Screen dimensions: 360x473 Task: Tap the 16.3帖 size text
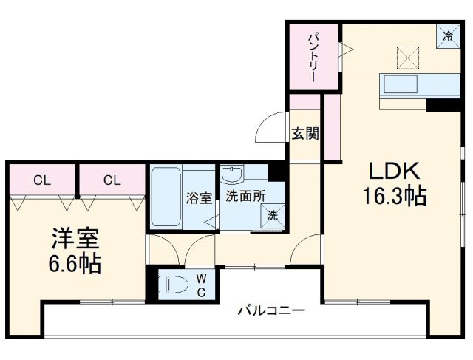[395, 197]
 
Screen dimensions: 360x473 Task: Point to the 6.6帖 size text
[75, 263]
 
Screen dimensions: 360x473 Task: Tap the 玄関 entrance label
[304, 134]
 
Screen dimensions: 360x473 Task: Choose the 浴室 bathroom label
[199, 197]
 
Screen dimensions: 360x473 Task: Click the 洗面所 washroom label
[244, 197]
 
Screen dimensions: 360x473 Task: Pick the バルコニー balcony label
[270, 311]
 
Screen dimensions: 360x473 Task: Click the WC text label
[201, 285]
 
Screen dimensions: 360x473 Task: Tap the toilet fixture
[174, 285]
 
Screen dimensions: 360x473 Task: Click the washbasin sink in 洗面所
[232, 177]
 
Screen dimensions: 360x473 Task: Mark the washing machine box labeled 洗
[271, 215]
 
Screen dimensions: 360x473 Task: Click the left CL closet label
[41, 179]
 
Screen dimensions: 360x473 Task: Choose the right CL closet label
[112, 179]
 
